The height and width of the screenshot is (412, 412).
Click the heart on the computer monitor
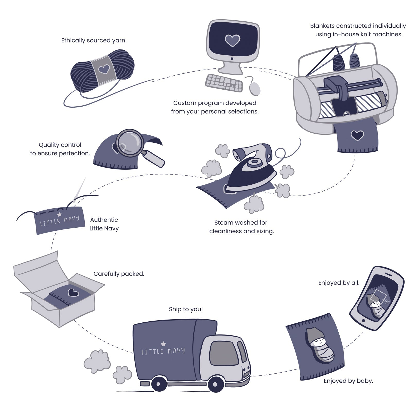[x=232, y=40]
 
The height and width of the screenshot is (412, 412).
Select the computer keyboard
[x=224, y=83]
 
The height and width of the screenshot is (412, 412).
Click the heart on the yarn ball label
[x=104, y=69]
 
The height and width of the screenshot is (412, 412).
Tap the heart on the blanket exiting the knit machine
[x=357, y=135]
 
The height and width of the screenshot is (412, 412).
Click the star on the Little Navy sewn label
[x=59, y=214]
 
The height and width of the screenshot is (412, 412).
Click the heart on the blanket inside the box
[x=73, y=293]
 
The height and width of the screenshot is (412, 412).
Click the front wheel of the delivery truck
[x=216, y=384]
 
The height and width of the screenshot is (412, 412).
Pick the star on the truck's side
[x=163, y=344]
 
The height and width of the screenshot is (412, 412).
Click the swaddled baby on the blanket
[x=319, y=345]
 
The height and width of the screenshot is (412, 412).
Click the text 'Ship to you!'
[x=186, y=309]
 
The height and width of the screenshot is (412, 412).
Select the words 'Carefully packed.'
[x=119, y=274]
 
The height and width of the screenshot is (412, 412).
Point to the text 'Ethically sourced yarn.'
[x=94, y=40]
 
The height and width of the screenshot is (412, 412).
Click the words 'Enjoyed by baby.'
[x=348, y=381]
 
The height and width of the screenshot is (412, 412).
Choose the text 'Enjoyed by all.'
[x=339, y=283]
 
